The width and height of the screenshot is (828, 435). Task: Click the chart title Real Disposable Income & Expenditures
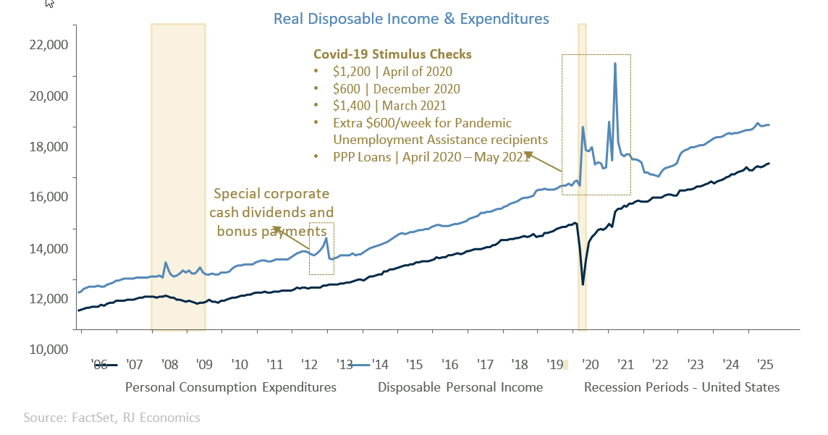[x=411, y=18]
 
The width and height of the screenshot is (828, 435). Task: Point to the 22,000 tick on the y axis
[x=47, y=45]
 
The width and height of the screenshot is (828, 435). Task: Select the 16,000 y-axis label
[x=47, y=197]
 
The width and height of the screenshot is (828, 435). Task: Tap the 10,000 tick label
[x=47, y=350]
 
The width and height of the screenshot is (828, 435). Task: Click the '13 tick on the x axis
[x=345, y=364]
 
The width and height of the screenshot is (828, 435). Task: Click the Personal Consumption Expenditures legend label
[x=231, y=387]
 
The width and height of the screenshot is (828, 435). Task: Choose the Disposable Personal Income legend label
[x=460, y=387]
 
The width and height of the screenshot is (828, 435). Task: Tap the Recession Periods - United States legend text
[x=682, y=387]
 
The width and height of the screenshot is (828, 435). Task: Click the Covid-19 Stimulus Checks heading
[x=392, y=54]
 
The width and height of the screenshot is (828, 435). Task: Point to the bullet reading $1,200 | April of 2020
[x=393, y=72]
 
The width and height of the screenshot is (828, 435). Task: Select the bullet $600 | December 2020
[x=397, y=89]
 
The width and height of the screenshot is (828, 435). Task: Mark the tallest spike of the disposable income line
[x=615, y=64]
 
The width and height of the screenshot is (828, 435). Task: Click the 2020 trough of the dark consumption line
[x=583, y=283]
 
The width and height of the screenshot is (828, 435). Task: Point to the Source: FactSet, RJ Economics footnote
[x=111, y=418]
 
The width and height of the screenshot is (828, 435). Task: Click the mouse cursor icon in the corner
[x=50, y=4]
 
